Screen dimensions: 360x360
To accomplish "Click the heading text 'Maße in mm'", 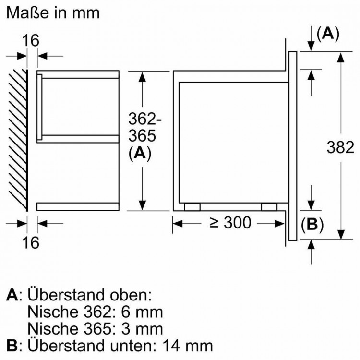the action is point(53,13).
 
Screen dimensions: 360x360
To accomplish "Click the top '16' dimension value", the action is point(31,41).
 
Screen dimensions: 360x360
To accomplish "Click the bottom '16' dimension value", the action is point(31,242).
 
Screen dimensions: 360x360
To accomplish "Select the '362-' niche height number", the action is point(144,119).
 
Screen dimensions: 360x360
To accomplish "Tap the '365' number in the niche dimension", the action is point(142,136).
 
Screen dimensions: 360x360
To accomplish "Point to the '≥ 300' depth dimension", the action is point(230,222).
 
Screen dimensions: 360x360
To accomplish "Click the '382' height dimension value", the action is point(340,147).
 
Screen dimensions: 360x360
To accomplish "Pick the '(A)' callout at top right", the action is point(328,34).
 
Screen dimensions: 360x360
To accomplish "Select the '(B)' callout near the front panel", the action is point(312,224).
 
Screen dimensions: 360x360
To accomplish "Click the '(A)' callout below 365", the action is point(140,154).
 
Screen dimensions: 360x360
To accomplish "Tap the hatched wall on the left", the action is point(18,140).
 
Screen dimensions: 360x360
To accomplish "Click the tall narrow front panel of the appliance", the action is point(293,146).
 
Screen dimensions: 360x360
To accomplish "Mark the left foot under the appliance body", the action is point(192,207).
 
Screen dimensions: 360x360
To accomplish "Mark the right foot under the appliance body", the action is point(269,207).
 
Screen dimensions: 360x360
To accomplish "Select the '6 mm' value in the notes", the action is point(142,312).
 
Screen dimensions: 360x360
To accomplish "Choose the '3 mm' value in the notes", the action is point(142,329).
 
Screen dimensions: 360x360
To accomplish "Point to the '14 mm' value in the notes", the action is point(188,346).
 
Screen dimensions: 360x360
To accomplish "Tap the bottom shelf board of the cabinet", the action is point(78,206).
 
